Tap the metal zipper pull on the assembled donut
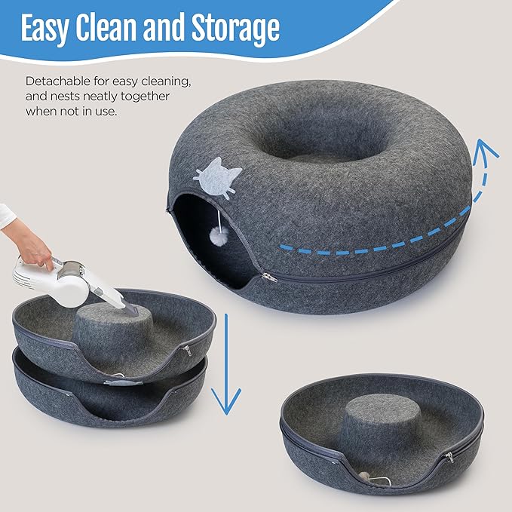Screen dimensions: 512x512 click(x=269, y=279)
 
